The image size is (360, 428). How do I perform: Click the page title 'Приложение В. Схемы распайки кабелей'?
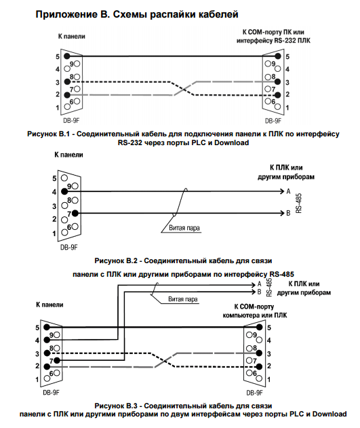click(x=137, y=15)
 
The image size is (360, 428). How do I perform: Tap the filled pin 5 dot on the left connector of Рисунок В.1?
click(x=67, y=56)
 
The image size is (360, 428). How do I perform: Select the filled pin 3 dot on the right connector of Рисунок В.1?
click(x=278, y=81)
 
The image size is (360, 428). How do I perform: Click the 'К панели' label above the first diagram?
click(x=71, y=37)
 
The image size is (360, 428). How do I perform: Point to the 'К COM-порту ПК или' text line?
click(x=273, y=32)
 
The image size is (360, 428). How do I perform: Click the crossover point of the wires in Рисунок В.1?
click(x=183, y=88)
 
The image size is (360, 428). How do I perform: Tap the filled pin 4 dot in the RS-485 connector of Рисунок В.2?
click(x=64, y=191)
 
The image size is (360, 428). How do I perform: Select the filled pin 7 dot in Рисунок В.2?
click(x=75, y=213)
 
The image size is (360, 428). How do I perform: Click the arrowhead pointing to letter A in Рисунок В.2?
click(x=282, y=191)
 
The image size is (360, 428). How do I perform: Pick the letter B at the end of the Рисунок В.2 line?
click(x=288, y=213)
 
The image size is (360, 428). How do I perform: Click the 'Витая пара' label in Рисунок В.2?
click(x=184, y=228)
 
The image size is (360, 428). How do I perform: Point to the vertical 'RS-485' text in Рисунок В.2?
click(x=298, y=203)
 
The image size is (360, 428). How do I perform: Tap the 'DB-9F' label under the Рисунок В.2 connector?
click(x=69, y=248)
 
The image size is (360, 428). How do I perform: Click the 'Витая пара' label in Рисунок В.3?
click(x=183, y=299)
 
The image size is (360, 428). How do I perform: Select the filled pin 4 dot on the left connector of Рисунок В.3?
click(x=47, y=340)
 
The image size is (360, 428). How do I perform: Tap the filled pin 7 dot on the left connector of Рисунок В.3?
click(x=57, y=361)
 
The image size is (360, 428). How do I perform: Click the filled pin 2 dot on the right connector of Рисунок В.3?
click(x=260, y=366)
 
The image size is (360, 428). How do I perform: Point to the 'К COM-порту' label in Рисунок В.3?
click(x=254, y=307)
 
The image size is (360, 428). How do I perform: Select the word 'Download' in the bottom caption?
click(x=329, y=414)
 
